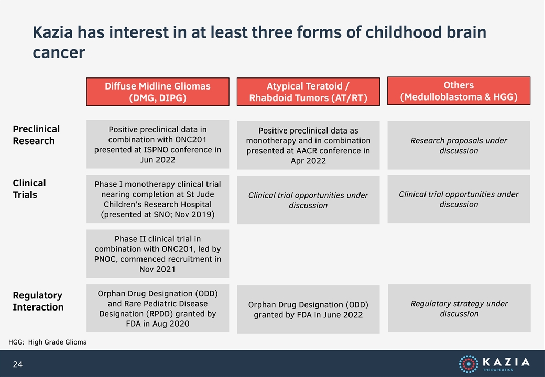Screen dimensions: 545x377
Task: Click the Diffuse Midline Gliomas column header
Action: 158,92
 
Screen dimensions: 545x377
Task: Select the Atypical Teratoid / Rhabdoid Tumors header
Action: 308,92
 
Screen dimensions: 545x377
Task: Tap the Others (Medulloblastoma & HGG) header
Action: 459,91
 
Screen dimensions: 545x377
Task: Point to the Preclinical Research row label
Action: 36,135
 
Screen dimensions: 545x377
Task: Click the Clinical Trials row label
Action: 29,189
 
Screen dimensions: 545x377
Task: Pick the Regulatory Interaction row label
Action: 38,301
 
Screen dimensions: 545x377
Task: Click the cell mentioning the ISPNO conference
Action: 158,145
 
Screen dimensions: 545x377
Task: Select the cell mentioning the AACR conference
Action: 308,146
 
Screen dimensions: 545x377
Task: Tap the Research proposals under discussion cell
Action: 459,146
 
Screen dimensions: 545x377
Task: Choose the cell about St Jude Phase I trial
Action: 158,199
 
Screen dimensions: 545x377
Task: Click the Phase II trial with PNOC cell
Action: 158,254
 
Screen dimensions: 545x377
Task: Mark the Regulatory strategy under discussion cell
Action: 459,308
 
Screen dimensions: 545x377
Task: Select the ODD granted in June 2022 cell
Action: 308,309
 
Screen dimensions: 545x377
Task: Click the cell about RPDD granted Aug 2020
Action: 158,308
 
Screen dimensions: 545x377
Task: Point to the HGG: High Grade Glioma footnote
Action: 48,342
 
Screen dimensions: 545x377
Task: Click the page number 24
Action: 18,364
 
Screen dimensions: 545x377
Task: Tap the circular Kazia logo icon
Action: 468,364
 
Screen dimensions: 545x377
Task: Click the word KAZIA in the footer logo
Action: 506,362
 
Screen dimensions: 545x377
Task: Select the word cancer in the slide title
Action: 59,53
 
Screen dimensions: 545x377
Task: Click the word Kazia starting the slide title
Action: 53,32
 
